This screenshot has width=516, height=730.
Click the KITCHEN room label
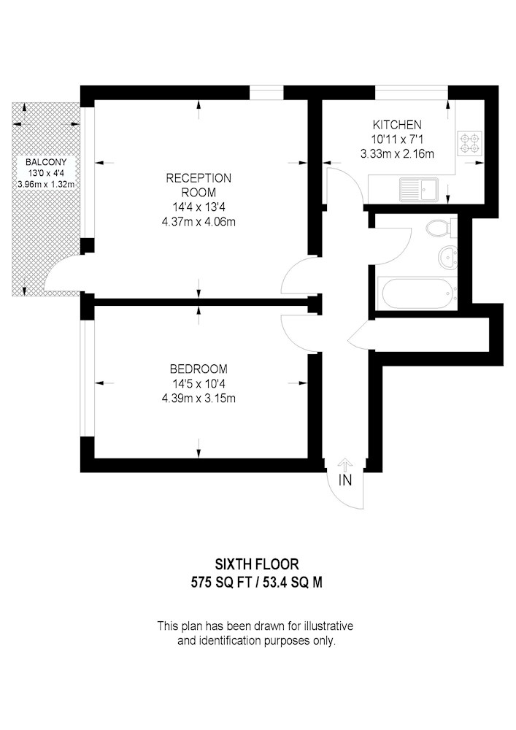click(397, 125)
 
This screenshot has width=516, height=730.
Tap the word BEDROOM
click(199, 369)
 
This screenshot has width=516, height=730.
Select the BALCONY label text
click(46, 163)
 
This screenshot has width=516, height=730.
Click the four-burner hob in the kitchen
click(469, 143)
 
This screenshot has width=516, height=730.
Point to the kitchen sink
click(419, 190)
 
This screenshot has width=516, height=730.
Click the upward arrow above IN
click(344, 465)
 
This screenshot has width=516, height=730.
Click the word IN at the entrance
click(345, 480)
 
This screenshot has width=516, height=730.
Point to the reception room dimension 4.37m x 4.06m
click(199, 222)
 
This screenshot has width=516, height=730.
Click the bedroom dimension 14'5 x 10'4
click(199, 384)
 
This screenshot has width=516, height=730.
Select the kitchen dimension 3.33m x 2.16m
click(397, 153)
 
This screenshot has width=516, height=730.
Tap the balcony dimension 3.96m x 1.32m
click(46, 184)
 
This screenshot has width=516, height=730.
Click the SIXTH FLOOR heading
click(257, 564)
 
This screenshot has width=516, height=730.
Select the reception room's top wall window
click(266, 92)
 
